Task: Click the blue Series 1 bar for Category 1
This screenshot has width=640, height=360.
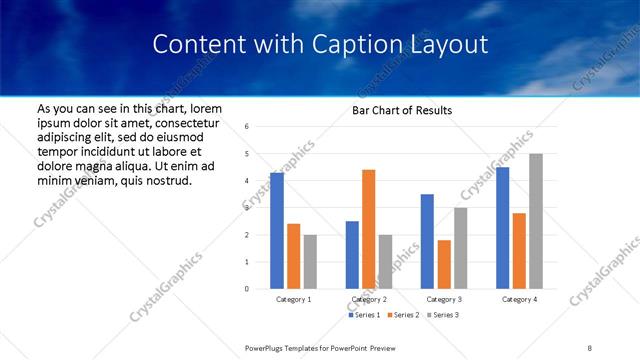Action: [277, 231]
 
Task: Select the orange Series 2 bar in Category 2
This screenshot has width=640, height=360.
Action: [368, 229]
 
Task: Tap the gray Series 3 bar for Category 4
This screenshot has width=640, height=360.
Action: [536, 221]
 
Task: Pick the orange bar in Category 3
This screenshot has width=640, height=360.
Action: [444, 264]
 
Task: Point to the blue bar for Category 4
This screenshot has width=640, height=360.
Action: [502, 228]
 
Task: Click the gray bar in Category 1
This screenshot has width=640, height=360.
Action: [310, 262]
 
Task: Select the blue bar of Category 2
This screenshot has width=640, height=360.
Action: [352, 255]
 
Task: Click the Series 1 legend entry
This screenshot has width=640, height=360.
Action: [364, 316]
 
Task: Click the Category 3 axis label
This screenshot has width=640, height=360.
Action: [443, 299]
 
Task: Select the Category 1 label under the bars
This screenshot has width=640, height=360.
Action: [293, 299]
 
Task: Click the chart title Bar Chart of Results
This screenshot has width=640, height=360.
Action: [402, 110]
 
